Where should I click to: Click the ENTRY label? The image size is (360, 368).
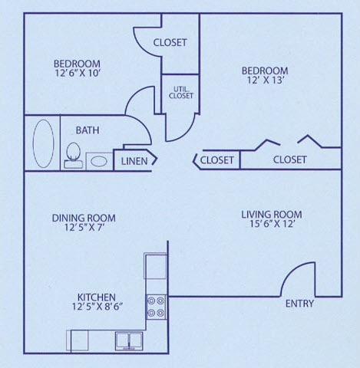(x=299, y=304)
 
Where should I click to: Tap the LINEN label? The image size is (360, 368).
(x=134, y=161)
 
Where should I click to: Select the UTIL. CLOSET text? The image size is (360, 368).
(x=180, y=92)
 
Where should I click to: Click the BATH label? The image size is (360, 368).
(x=87, y=130)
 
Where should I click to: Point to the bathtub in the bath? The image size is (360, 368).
(x=43, y=142)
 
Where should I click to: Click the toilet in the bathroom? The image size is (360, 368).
(x=74, y=154)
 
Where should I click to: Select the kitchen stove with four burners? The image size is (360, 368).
(x=156, y=307)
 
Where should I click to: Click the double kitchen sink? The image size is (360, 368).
(x=128, y=340)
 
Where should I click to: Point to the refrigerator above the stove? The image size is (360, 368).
(x=156, y=266)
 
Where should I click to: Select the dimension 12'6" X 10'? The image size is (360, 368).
(x=76, y=74)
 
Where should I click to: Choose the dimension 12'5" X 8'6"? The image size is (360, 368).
(x=96, y=308)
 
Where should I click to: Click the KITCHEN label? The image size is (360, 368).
(x=97, y=297)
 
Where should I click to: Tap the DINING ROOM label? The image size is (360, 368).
(x=84, y=219)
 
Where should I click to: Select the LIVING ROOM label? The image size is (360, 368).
(x=272, y=215)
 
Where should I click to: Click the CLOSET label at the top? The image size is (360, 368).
(x=170, y=43)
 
